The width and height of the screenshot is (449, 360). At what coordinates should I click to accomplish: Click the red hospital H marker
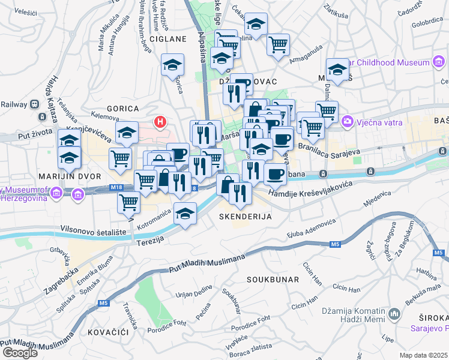click(x=160, y=122)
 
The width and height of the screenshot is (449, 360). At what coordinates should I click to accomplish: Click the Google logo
click(x=20, y=352)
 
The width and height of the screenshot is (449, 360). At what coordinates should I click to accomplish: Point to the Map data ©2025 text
click(x=423, y=355)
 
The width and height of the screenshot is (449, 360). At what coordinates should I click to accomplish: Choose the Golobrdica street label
click(x=427, y=22)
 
